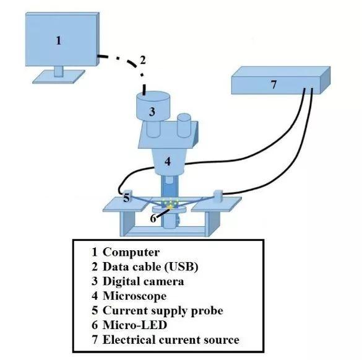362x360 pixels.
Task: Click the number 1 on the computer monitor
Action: (x=59, y=40)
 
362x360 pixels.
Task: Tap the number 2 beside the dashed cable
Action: (x=143, y=60)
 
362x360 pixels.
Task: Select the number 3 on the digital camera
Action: (x=152, y=112)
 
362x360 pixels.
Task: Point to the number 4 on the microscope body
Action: (x=168, y=161)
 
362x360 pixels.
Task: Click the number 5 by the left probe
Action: (x=126, y=198)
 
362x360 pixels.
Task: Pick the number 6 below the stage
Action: (x=153, y=218)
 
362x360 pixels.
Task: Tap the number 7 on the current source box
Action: (x=274, y=84)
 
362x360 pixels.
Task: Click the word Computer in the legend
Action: (x=131, y=252)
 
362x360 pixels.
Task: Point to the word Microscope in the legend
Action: (x=135, y=296)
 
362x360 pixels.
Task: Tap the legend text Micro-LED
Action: (x=135, y=325)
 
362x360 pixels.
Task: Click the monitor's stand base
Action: (x=59, y=77)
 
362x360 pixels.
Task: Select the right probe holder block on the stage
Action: (x=218, y=196)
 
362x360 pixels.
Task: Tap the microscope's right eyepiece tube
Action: (x=184, y=125)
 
